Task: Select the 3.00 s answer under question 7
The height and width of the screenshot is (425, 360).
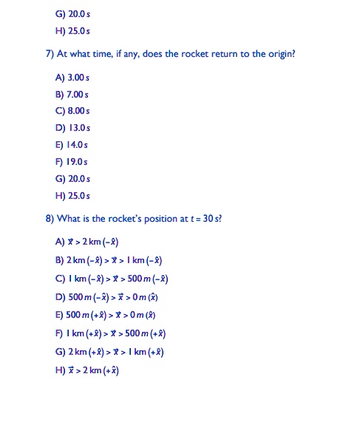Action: coord(72,77)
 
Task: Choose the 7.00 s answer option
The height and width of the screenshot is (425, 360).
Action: coord(72,94)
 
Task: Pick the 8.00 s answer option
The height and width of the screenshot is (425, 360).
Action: coord(72,111)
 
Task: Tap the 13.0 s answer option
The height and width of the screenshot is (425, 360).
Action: coord(72,128)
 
